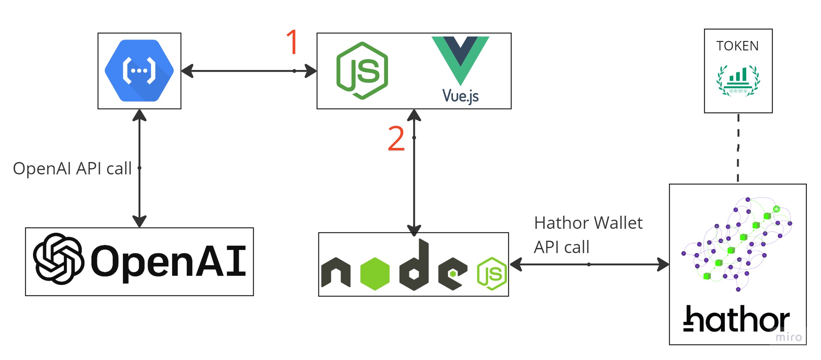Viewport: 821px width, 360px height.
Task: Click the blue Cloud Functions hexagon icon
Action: (139, 70)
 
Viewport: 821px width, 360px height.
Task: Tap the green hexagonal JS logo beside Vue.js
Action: (362, 71)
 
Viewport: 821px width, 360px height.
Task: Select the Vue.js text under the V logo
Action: (460, 96)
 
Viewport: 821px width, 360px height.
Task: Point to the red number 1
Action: (293, 42)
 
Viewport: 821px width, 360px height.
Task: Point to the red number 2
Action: (396, 138)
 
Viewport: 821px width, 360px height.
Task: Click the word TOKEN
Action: (737, 46)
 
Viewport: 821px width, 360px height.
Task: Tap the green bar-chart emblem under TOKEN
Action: (738, 80)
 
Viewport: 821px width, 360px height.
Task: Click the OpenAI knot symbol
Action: (58, 258)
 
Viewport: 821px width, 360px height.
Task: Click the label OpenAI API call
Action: (72, 169)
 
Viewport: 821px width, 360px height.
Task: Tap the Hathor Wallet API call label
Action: (588, 235)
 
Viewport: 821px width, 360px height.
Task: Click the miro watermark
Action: (788, 337)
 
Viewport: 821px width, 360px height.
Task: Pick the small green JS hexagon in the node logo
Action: (492, 274)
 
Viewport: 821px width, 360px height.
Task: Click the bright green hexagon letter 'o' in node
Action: (375, 274)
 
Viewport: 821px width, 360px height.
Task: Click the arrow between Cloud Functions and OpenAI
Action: (139, 168)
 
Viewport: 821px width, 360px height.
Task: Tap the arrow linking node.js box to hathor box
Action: (589, 264)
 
